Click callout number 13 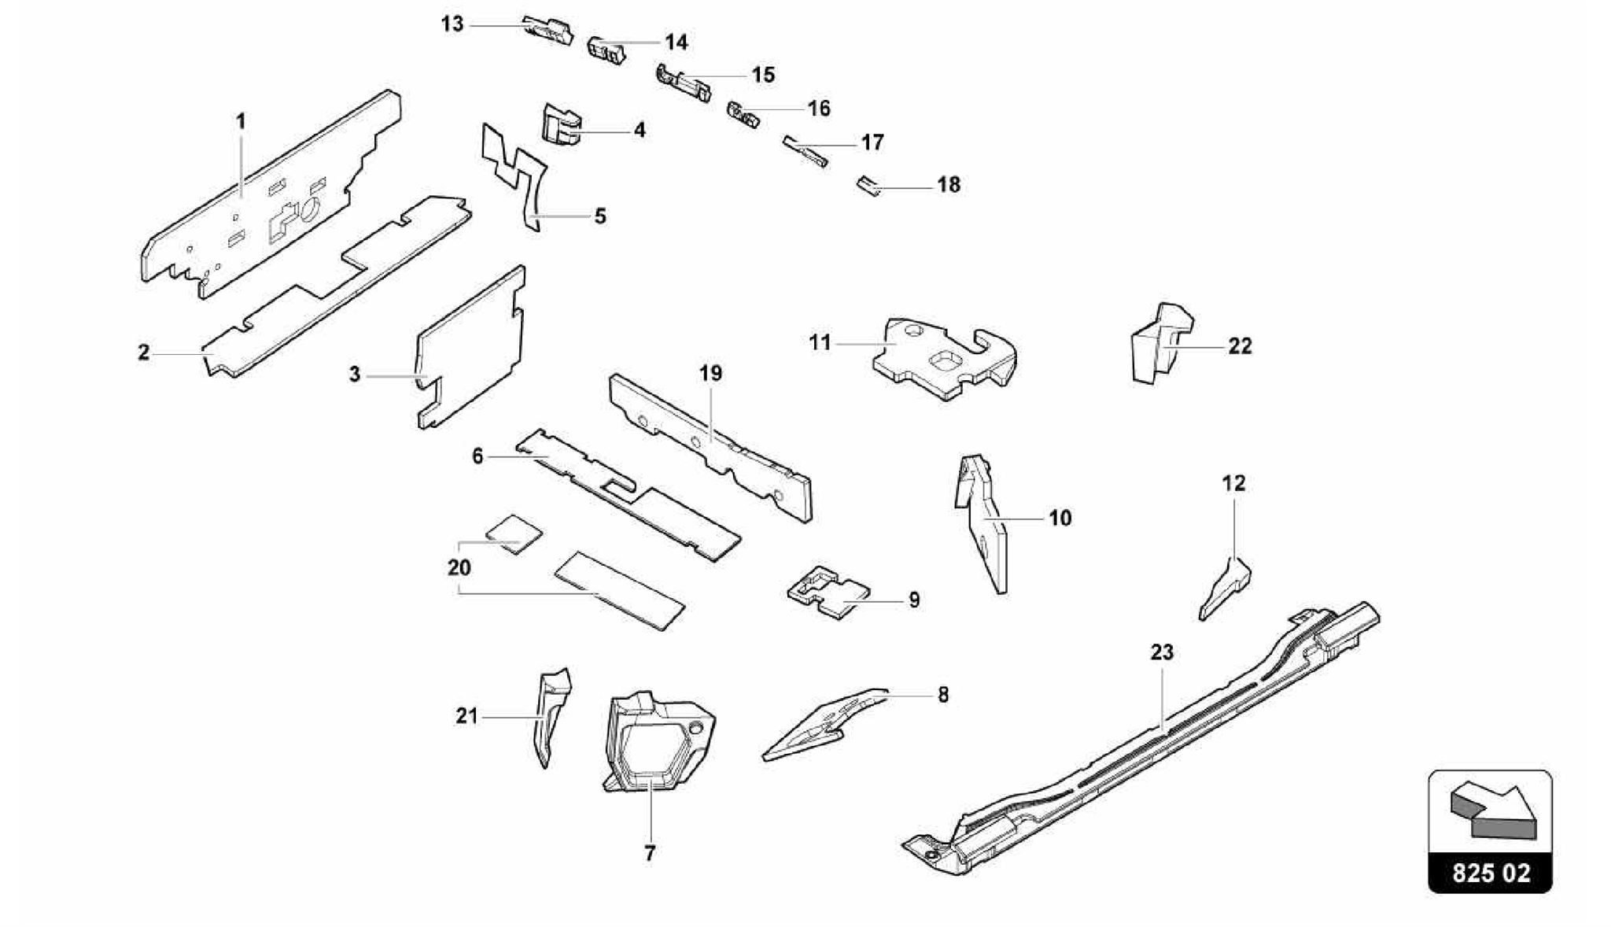tap(452, 24)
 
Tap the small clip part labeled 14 tap(606, 50)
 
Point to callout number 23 tap(1162, 652)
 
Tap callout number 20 tap(459, 567)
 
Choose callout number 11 tap(820, 343)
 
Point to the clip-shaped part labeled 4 tap(561, 126)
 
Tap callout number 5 tap(600, 216)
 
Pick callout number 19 tap(710, 373)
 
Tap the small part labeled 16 tap(743, 116)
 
